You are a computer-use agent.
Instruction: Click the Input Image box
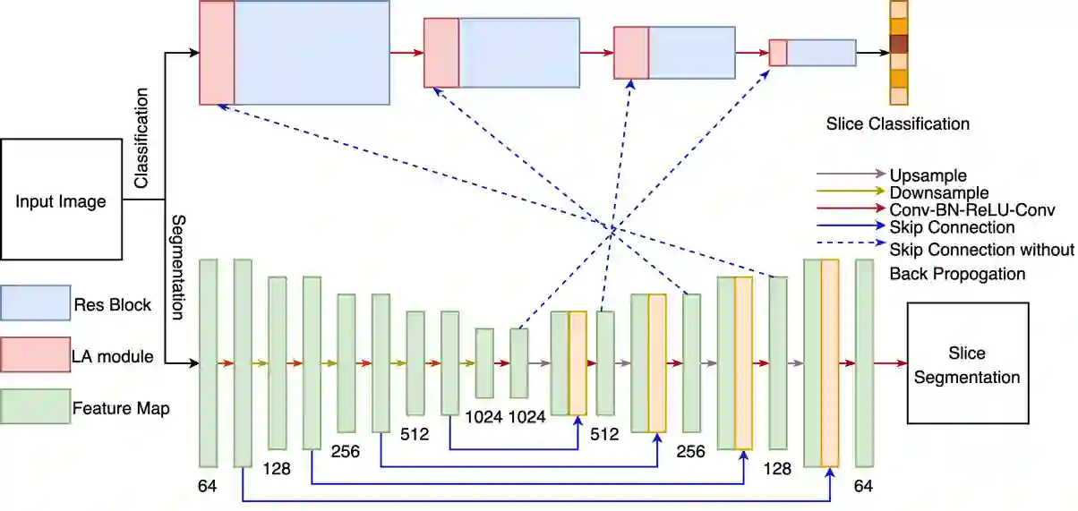61,200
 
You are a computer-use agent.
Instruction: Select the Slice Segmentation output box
967,363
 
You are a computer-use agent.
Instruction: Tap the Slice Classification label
897,123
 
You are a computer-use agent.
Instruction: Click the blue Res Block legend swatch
36,303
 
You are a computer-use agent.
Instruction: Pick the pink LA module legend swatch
36,356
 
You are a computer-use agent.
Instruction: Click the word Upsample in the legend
928,175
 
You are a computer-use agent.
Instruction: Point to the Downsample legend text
938,192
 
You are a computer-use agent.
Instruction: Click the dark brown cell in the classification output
899,43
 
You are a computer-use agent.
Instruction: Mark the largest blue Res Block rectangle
312,53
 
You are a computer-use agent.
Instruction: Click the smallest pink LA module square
778,53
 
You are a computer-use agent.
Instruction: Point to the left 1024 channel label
485,416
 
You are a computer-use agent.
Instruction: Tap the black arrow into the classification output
872,53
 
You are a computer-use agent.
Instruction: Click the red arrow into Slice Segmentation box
890,363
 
